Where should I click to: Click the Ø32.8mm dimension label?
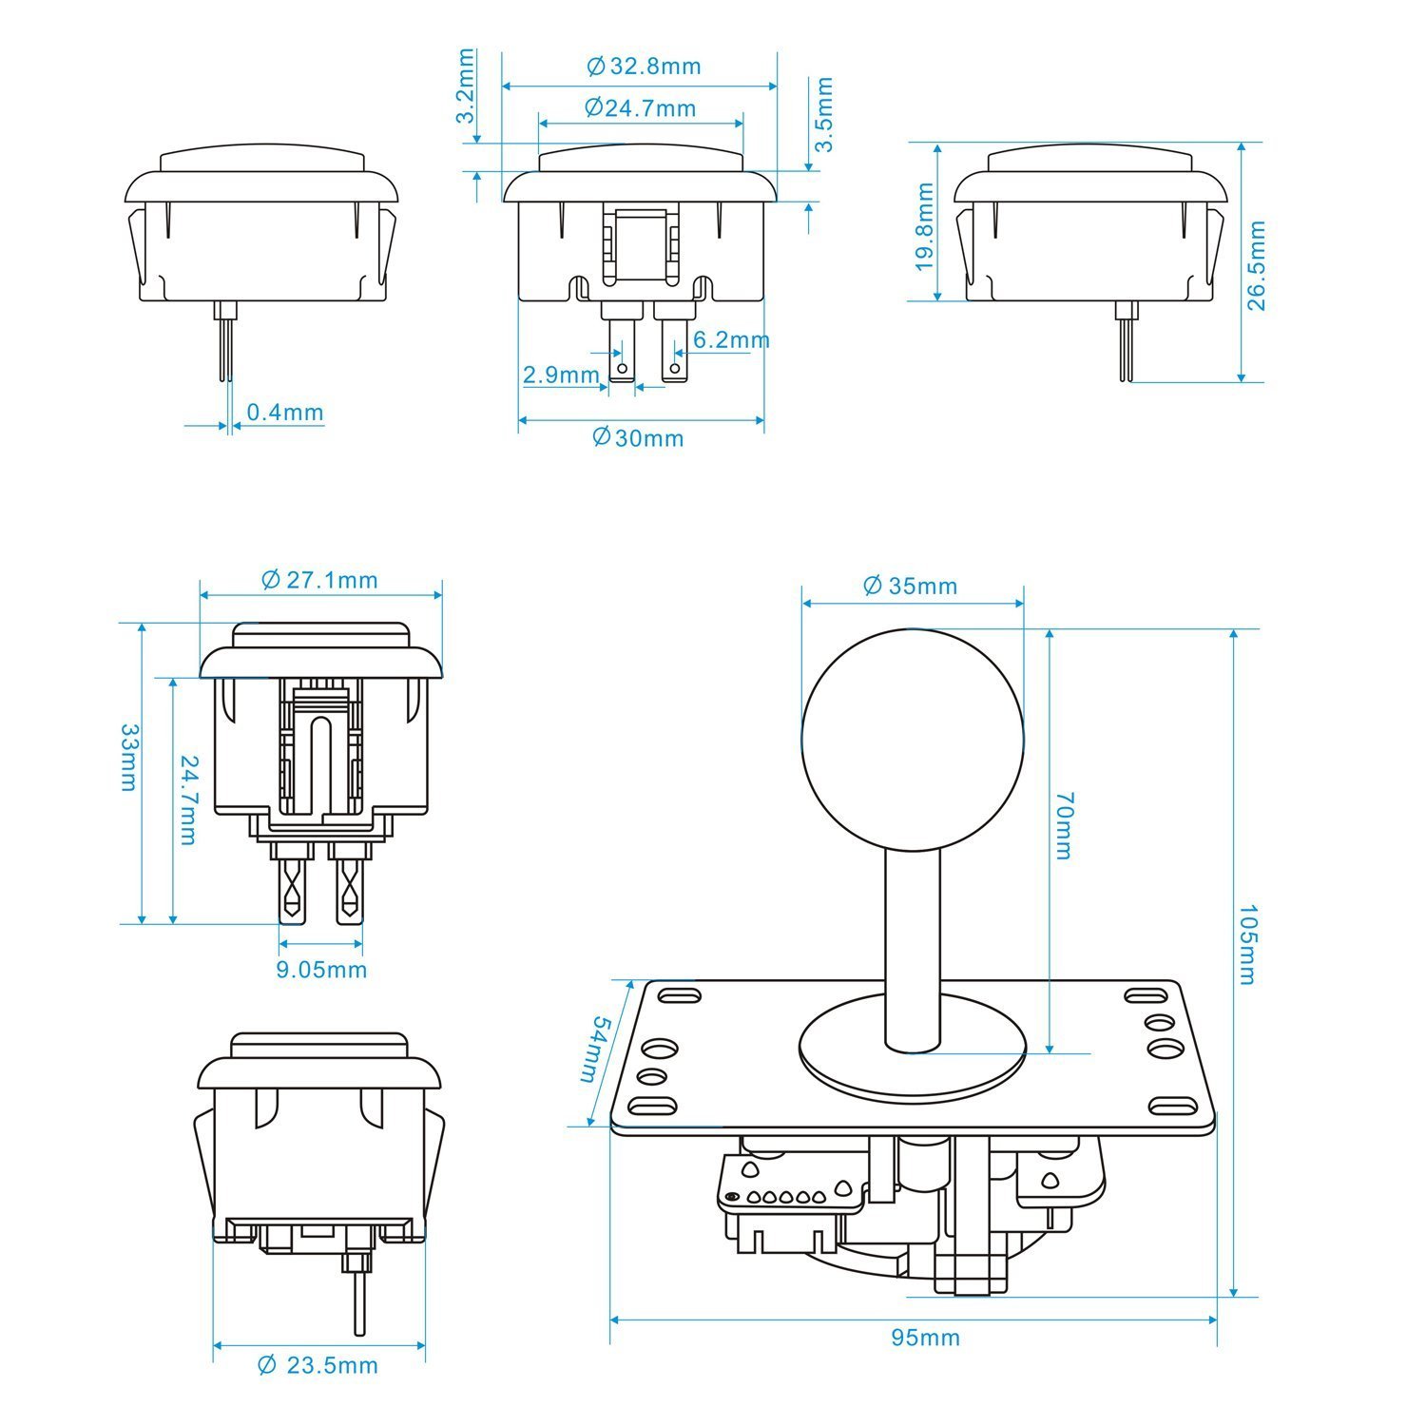pos(644,66)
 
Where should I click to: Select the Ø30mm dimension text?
pos(638,437)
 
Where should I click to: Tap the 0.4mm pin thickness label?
pos(284,413)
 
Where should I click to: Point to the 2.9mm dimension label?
pos(561,375)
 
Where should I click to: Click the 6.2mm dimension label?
pos(730,339)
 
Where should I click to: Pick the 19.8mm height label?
pos(925,226)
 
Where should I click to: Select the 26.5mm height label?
pos(1257,265)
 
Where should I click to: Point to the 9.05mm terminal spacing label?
pos(321,970)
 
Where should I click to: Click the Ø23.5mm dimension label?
pos(318,1366)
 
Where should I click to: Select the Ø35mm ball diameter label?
pos(910,586)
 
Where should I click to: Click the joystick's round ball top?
pos(913,739)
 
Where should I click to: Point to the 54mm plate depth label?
pos(596,1049)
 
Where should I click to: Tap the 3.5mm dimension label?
pos(824,115)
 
